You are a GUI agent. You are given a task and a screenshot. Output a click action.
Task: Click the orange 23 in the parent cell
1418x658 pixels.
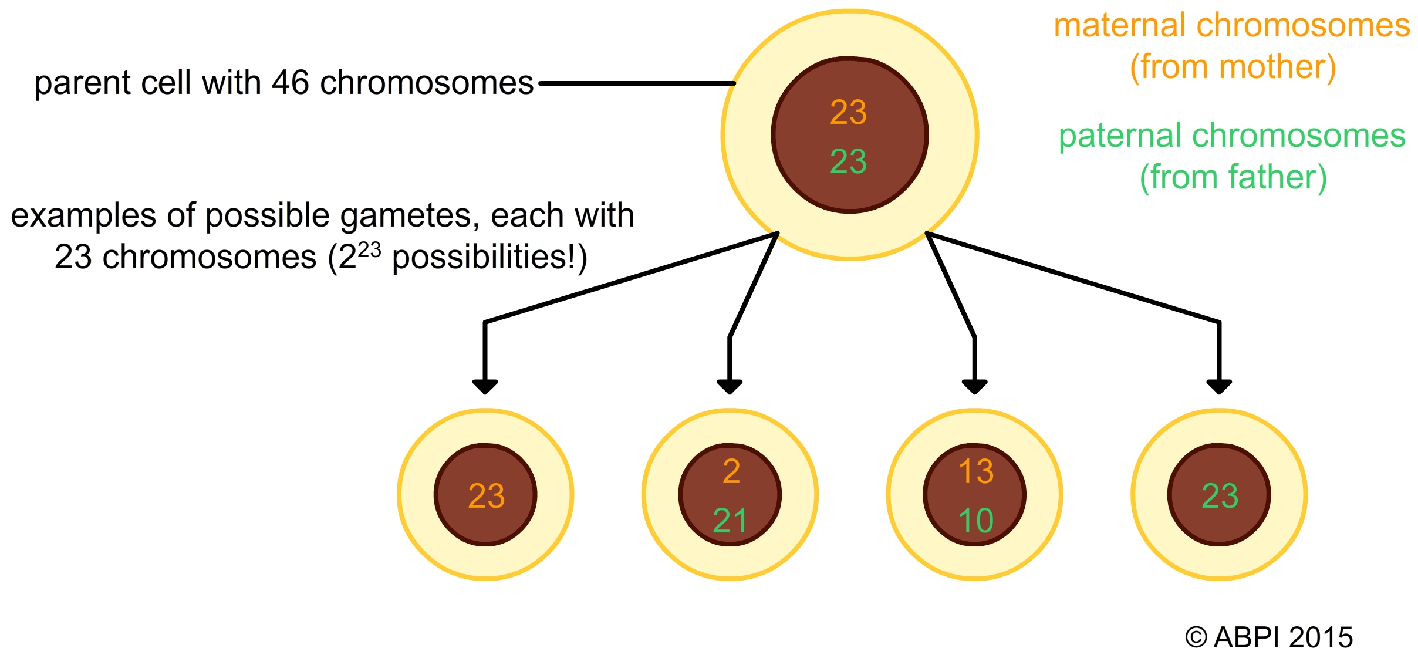848,112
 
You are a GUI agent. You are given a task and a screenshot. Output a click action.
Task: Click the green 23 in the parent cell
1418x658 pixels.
848,161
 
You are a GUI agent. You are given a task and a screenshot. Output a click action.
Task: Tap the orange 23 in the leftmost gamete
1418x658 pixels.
486,496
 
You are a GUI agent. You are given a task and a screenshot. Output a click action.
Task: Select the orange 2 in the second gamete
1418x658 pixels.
731,471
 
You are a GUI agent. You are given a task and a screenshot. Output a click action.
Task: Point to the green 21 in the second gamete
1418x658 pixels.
730,521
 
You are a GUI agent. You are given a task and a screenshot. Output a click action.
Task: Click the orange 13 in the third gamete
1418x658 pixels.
975,471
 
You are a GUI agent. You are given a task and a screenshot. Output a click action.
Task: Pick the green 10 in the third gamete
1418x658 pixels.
975,521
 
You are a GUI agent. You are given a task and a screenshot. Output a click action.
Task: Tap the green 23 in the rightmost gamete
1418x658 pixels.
1220,496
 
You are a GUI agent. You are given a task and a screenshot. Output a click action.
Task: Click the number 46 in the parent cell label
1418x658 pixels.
290,83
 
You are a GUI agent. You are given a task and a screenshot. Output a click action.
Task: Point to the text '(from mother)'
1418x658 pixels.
1233,67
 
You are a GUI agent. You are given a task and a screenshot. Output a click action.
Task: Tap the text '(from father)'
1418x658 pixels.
1233,177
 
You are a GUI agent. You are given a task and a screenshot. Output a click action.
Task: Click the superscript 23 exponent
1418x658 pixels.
369,250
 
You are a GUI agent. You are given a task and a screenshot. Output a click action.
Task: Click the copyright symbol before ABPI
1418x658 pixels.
1196,637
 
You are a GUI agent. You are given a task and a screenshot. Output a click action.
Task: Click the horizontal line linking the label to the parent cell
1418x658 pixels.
637,83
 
